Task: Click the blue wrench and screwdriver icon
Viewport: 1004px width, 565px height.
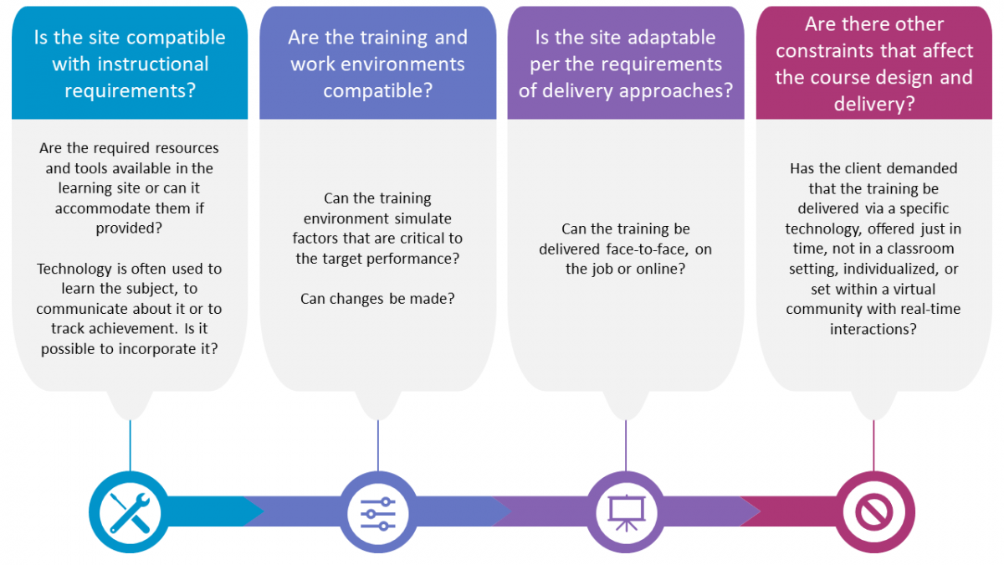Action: (130, 512)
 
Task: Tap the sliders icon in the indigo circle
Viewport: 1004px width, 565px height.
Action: (378, 514)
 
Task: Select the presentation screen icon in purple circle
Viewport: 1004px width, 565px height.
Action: (626, 513)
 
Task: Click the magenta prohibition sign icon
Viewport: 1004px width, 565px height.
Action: (873, 512)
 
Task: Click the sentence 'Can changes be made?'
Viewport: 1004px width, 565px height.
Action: (377, 299)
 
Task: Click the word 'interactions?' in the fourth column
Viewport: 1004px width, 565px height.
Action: (873, 329)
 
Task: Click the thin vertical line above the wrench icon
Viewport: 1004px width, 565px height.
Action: (130, 445)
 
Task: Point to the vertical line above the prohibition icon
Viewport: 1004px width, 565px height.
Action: (873, 445)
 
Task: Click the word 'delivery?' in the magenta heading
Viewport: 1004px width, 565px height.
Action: (874, 105)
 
